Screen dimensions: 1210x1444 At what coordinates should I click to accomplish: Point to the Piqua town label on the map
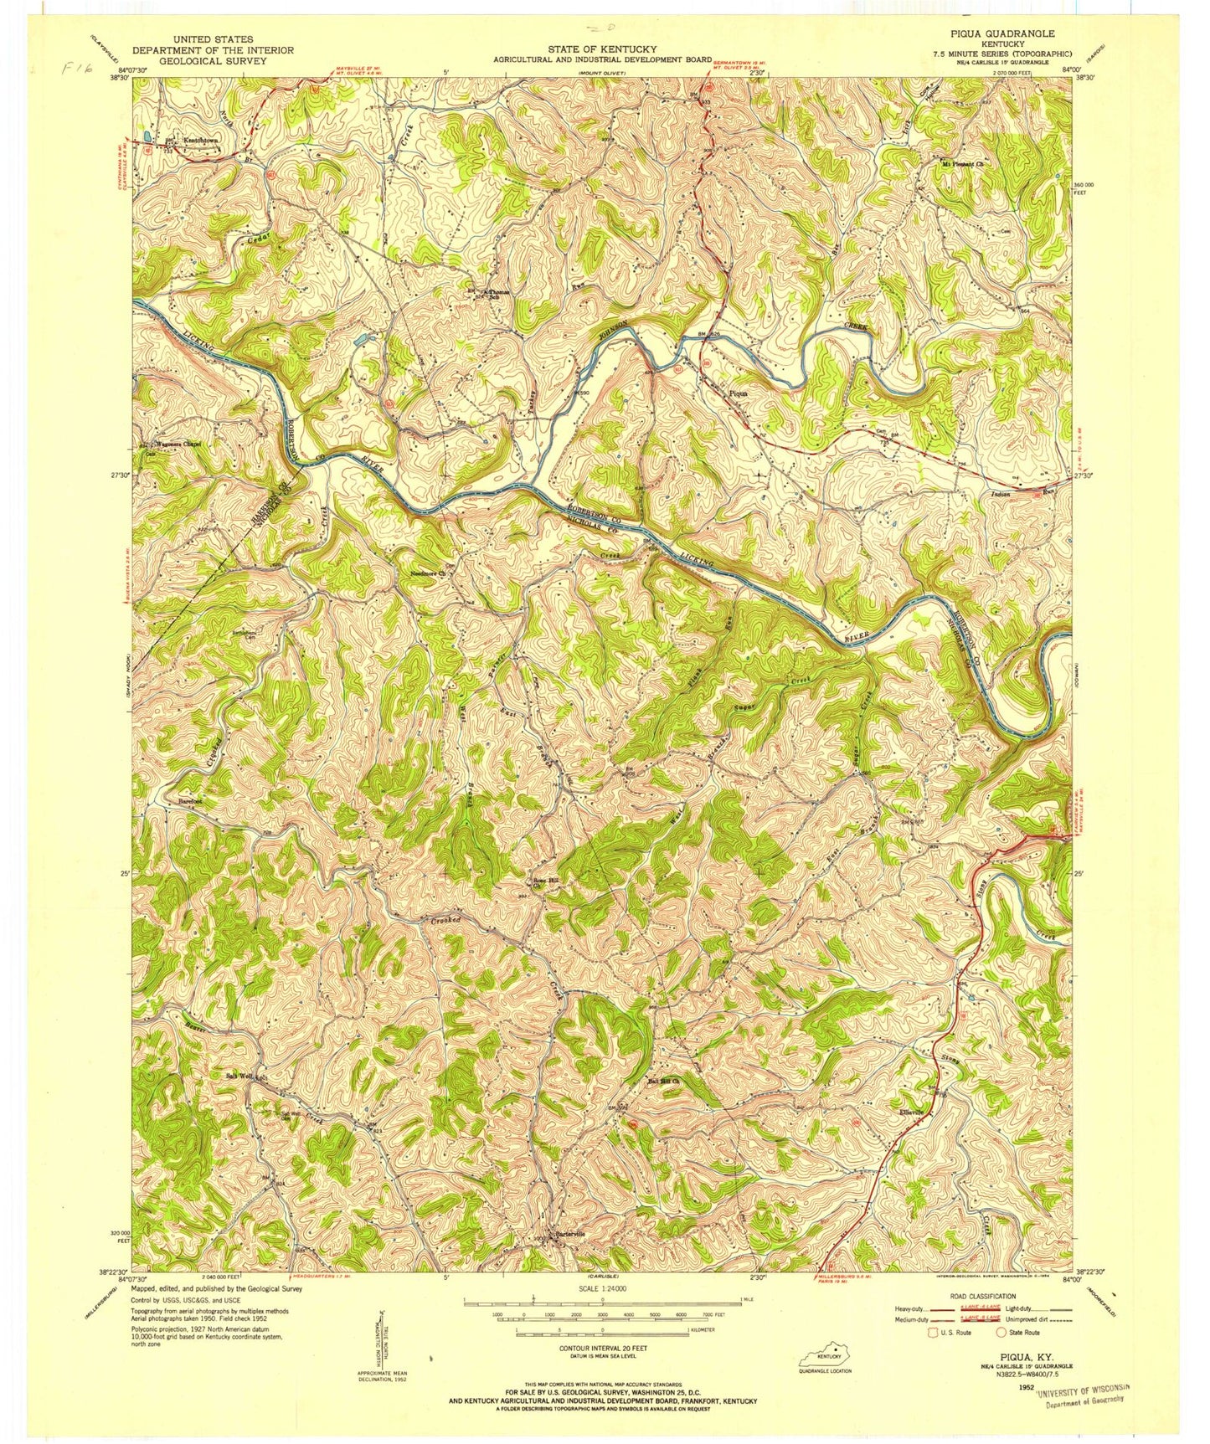click(x=738, y=391)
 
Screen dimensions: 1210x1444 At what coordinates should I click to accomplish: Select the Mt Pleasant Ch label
click(x=962, y=164)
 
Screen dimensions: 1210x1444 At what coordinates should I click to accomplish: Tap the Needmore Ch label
click(x=430, y=573)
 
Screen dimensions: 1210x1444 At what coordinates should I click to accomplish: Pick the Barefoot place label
click(x=190, y=801)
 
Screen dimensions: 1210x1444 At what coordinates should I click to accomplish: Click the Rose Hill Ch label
click(x=545, y=884)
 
